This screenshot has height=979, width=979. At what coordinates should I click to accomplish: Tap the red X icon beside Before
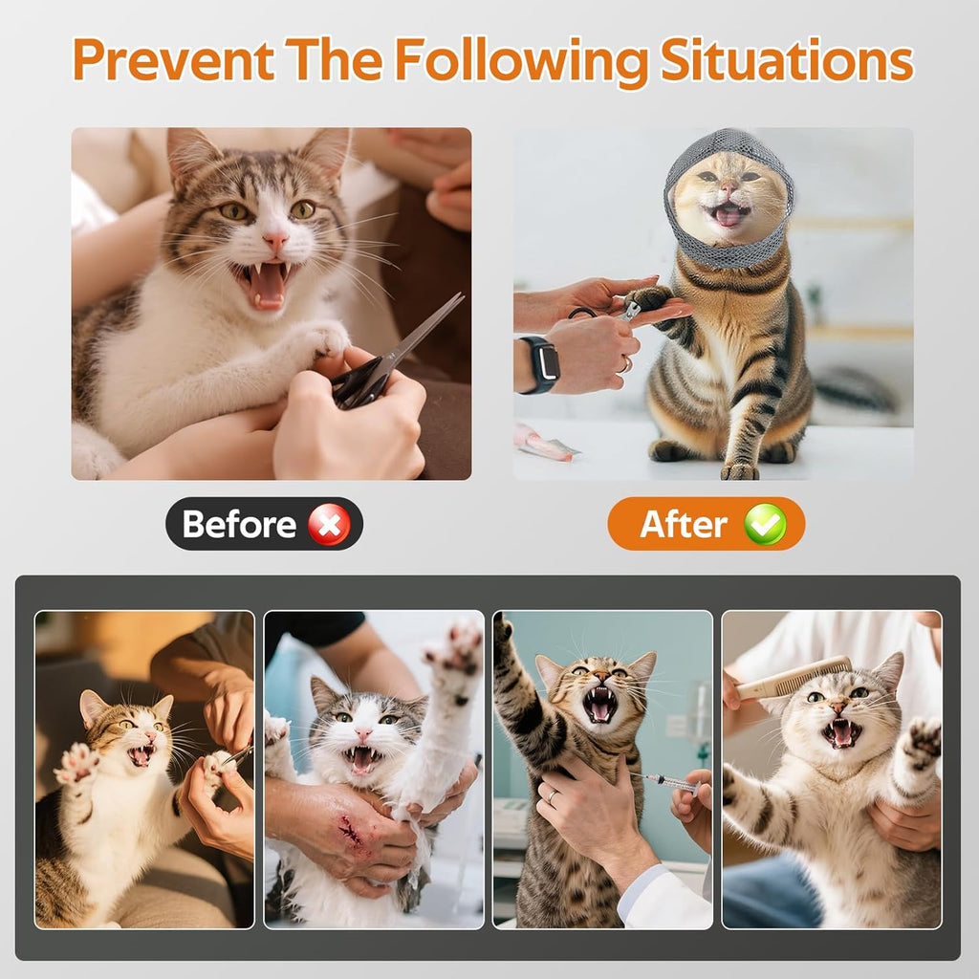(329, 524)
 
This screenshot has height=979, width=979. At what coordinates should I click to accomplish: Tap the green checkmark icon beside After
(765, 524)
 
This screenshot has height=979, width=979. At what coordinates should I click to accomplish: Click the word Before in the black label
(239, 524)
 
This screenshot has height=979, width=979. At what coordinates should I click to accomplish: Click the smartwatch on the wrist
(540, 363)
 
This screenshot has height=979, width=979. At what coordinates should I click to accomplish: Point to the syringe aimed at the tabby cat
(669, 782)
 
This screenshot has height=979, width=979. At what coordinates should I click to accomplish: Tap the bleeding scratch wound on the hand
(351, 832)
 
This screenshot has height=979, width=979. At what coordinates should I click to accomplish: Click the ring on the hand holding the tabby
(552, 795)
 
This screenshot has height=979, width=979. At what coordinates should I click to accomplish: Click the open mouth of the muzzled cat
(729, 215)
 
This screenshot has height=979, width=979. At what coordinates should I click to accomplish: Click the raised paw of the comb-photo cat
(922, 742)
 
